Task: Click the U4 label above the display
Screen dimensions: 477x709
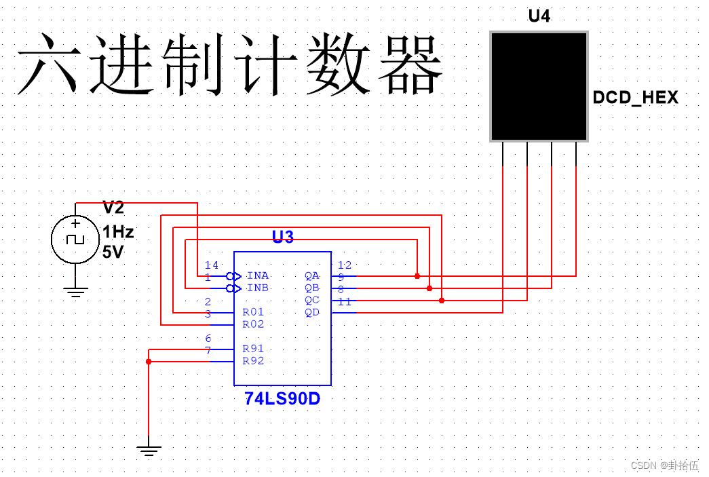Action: [539, 16]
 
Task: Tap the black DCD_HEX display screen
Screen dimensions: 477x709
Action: [539, 86]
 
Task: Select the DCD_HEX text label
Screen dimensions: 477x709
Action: [635, 98]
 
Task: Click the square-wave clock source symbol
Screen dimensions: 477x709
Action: [75, 240]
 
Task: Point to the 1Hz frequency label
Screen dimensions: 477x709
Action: [118, 233]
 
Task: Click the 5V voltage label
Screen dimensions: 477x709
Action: [113, 252]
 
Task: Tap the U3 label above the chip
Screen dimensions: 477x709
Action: [282, 237]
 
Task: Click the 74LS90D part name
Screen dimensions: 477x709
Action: [282, 399]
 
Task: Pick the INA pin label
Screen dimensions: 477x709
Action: [258, 275]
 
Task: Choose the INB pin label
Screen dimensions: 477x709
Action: [258, 288]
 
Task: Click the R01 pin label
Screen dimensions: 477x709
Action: [253, 312]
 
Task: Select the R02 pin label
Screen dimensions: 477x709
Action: [253, 324]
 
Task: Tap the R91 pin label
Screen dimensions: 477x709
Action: [253, 349]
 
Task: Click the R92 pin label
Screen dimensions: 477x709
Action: [253, 361]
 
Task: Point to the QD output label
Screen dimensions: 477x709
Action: [312, 312]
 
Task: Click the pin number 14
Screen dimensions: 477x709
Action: [212, 265]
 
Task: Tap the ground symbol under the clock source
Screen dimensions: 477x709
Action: [75, 293]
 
